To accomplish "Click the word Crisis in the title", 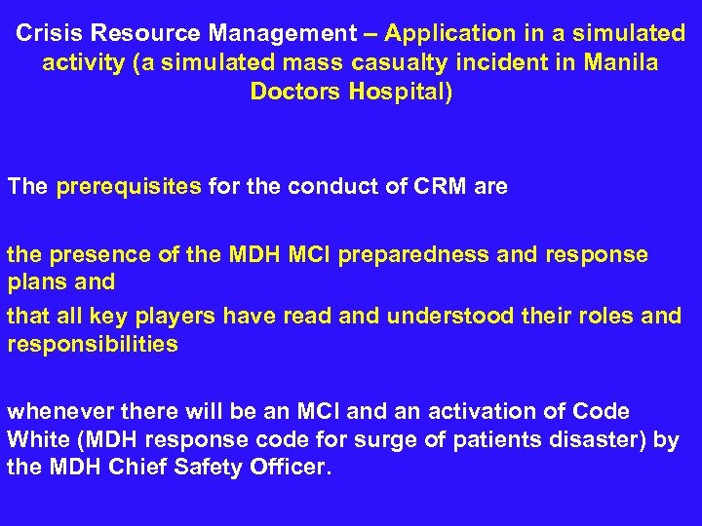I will point(47,33).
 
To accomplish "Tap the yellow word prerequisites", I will point(130,186).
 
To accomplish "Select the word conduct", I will point(329,186).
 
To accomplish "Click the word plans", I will point(35,282).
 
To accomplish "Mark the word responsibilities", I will point(93,345).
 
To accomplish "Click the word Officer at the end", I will point(292,468).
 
